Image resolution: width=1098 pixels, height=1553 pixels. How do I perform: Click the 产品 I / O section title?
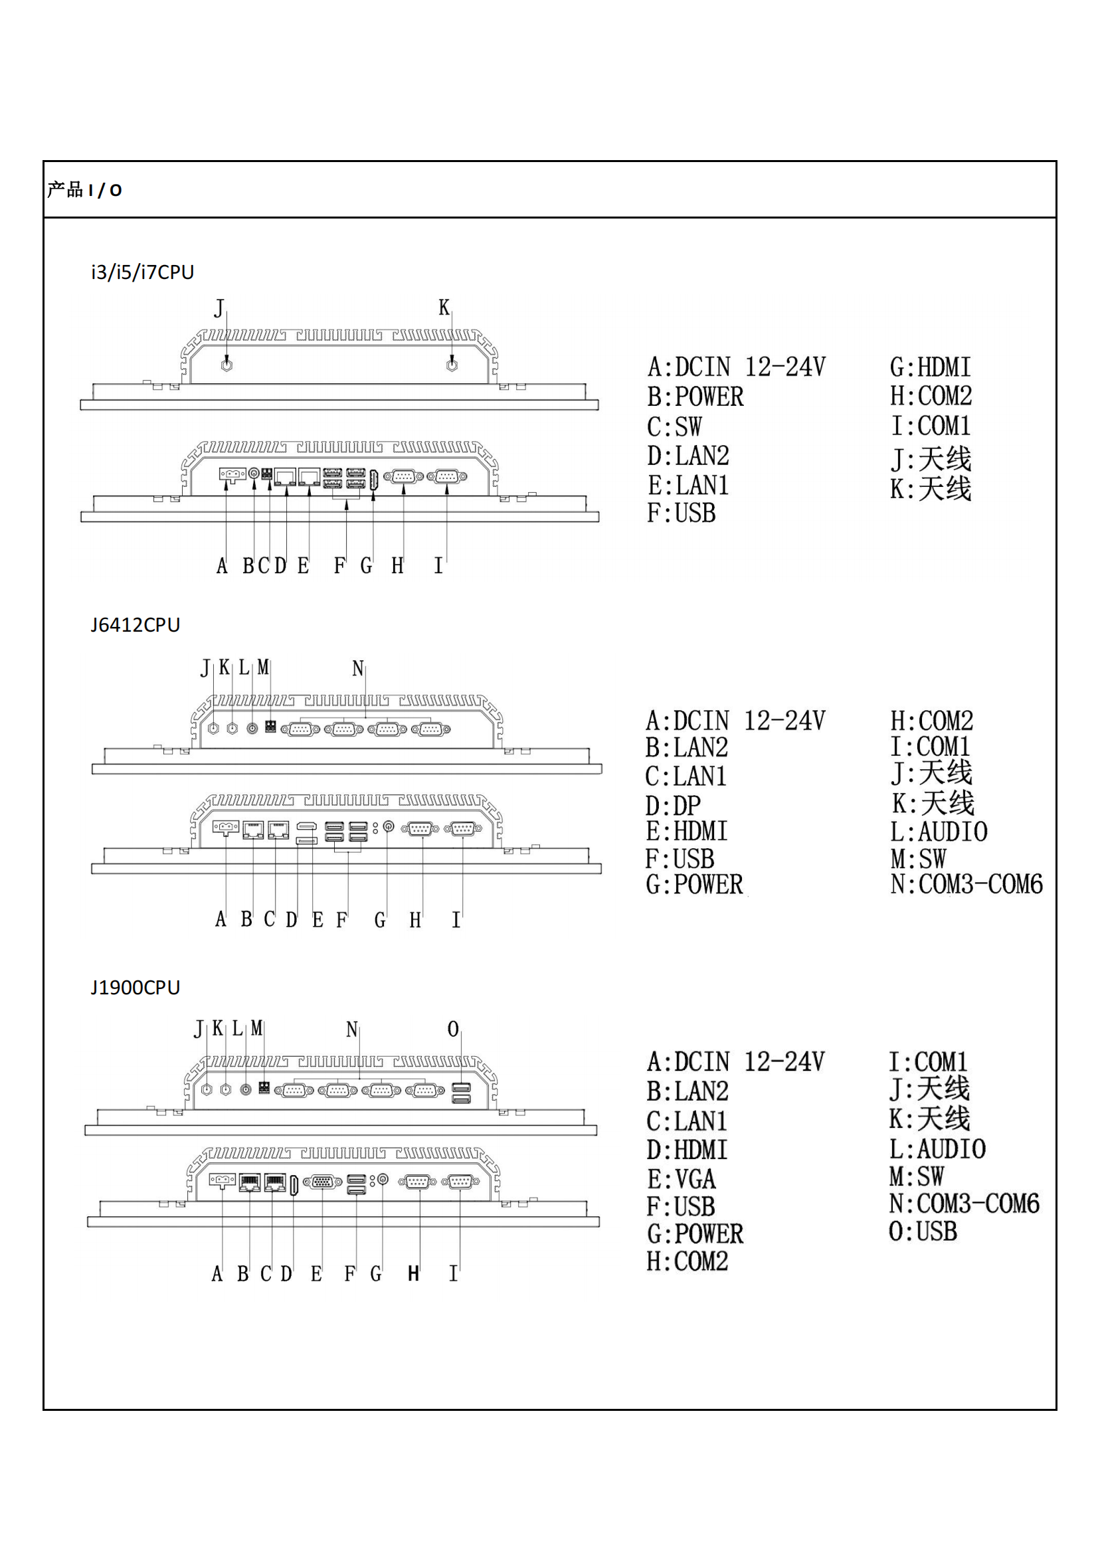(x=84, y=190)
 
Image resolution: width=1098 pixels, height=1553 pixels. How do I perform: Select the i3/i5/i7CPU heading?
(x=143, y=272)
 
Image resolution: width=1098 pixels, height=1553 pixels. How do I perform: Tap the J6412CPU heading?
(x=136, y=624)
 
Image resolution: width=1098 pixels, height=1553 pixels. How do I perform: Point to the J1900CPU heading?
(x=136, y=988)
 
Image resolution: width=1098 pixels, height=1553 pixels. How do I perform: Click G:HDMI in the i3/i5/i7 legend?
(x=930, y=367)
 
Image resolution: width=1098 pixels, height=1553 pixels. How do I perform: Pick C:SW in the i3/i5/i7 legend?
(x=674, y=427)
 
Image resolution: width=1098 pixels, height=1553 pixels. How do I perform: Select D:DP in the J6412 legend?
(x=673, y=806)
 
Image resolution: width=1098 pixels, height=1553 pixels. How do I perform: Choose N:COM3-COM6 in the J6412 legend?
(x=966, y=884)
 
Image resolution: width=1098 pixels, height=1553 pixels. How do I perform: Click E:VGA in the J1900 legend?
(x=682, y=1179)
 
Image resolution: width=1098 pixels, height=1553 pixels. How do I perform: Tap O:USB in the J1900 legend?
(x=923, y=1231)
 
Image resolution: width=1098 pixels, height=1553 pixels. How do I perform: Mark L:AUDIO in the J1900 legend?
(x=937, y=1148)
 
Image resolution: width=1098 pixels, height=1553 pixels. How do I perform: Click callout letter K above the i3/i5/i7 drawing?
(x=444, y=308)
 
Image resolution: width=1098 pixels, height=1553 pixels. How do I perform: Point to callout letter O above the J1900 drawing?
(x=453, y=1029)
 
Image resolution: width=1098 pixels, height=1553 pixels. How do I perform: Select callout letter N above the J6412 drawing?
(x=358, y=669)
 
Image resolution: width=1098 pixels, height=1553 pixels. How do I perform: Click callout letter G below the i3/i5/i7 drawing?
(x=366, y=565)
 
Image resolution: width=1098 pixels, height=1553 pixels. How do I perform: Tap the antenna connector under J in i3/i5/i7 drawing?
(x=227, y=365)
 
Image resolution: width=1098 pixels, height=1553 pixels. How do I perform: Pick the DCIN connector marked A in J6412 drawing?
(x=226, y=828)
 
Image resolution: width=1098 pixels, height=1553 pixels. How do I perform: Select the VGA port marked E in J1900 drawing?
(x=323, y=1182)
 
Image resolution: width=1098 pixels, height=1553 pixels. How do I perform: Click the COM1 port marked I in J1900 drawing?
(x=460, y=1182)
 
